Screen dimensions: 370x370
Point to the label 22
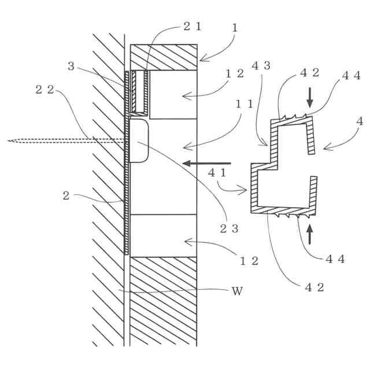43,89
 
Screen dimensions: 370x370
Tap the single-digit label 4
360,121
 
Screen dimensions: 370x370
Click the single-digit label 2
66,196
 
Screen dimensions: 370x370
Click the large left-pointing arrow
206,164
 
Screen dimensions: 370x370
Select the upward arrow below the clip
310,234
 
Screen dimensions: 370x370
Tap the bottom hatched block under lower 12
164,301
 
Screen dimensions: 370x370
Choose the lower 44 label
335,258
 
